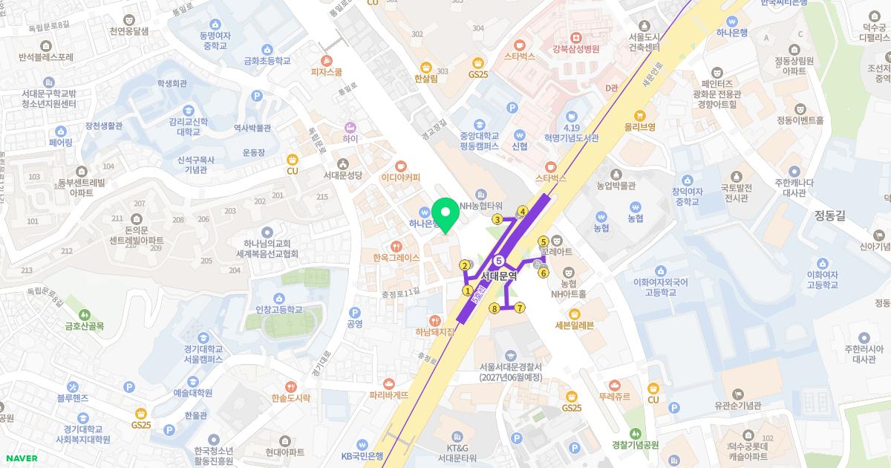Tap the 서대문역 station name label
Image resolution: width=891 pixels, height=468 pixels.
[497, 276]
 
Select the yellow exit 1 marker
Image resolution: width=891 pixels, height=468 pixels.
[468, 290]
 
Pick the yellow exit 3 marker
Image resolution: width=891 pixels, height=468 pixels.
[497, 219]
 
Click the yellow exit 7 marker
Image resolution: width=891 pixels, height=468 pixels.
[520, 308]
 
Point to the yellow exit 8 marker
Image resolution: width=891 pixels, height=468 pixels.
[494, 308]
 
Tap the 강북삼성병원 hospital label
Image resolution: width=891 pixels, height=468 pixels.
[575, 48]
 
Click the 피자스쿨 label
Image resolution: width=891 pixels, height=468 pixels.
[327, 72]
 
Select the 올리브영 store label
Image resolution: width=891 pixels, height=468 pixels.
[639, 127]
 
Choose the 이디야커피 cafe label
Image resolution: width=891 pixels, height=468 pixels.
[401, 178]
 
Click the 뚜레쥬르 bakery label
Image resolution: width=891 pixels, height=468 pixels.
[615, 397]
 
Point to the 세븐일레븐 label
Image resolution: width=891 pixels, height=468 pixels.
[575, 325]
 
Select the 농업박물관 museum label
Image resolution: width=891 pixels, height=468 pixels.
[616, 185]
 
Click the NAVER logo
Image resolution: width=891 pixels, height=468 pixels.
[22, 458]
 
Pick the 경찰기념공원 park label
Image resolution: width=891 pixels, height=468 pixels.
[635, 445]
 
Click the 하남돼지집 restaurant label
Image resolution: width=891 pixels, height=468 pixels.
[435, 332]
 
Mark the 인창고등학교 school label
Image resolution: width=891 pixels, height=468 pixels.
[279, 309]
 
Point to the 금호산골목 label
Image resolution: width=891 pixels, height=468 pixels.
[85, 326]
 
